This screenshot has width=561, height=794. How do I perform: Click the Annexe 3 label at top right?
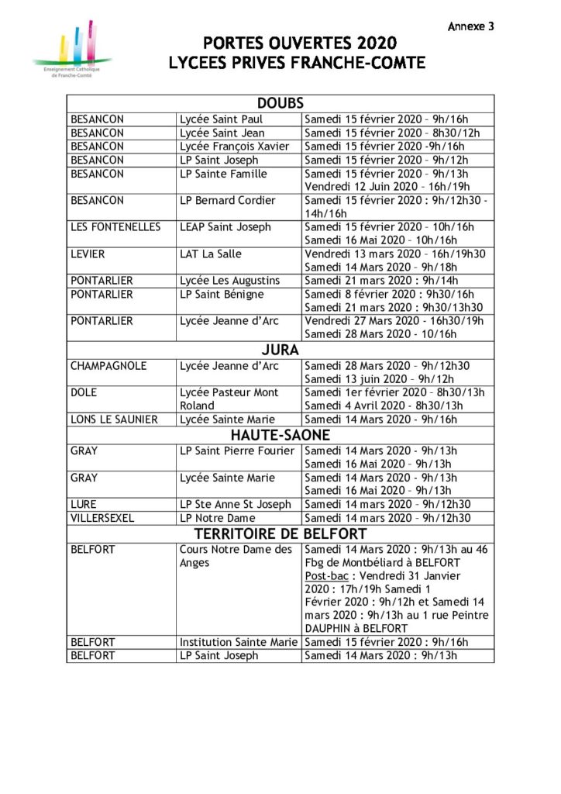click(x=470, y=26)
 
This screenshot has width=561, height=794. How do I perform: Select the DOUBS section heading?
click(x=280, y=103)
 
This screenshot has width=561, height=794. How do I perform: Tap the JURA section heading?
click(x=280, y=350)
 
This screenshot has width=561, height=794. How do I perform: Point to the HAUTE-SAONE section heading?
click(x=280, y=435)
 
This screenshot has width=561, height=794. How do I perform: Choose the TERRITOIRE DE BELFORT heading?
click(x=280, y=533)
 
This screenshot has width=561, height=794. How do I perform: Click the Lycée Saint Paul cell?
click(x=222, y=119)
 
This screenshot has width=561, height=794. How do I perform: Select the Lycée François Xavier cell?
click(x=234, y=147)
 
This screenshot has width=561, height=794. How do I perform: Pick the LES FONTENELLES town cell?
click(x=115, y=227)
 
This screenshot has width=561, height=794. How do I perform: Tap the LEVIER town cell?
click(x=88, y=254)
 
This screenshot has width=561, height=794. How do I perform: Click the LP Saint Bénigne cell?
click(x=222, y=295)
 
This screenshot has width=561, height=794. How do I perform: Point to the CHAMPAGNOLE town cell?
click(x=108, y=366)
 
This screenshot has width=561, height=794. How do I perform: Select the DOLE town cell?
click(x=84, y=392)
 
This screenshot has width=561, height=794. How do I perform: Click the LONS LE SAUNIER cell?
click(x=114, y=419)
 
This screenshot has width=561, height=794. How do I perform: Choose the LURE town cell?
click(x=84, y=504)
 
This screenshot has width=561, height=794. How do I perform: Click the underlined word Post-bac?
click(x=325, y=576)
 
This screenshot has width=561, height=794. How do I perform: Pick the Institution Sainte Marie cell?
click(x=239, y=642)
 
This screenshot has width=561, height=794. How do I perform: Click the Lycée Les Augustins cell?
click(x=230, y=281)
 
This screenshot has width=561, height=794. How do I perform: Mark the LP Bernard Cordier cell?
click(x=227, y=200)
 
